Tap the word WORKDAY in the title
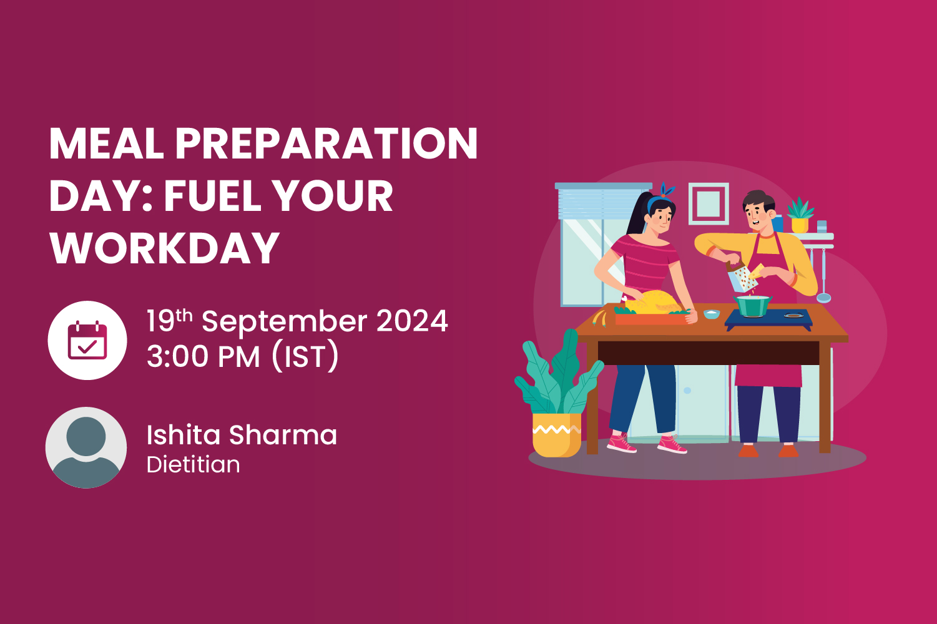click(x=164, y=248)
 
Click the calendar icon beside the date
click(x=87, y=340)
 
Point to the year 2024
click(x=412, y=321)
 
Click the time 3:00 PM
click(x=203, y=357)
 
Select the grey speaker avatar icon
click(x=86, y=447)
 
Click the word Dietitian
click(x=193, y=465)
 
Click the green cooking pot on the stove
click(x=753, y=306)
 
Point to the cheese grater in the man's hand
click(x=741, y=278)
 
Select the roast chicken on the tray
click(x=652, y=302)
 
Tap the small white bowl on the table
click(x=711, y=314)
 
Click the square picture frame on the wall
click(x=709, y=203)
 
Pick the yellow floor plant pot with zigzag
click(x=555, y=434)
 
